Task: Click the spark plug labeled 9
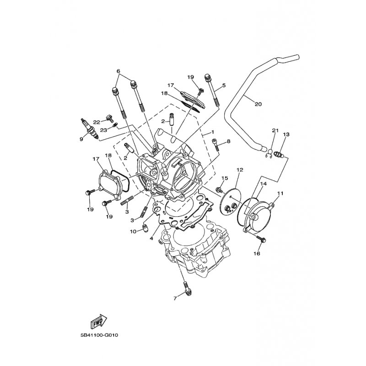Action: coord(89,129)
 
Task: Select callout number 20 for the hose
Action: coord(258,104)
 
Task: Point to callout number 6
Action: coord(118,71)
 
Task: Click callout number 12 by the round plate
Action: coord(239,170)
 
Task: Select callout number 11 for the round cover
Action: coord(280,194)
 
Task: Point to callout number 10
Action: coord(133,232)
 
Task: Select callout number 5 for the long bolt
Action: coord(224,86)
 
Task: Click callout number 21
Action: coord(274,131)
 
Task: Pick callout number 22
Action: coord(97,122)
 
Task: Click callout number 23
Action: coord(103,129)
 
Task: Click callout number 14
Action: coord(264,183)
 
